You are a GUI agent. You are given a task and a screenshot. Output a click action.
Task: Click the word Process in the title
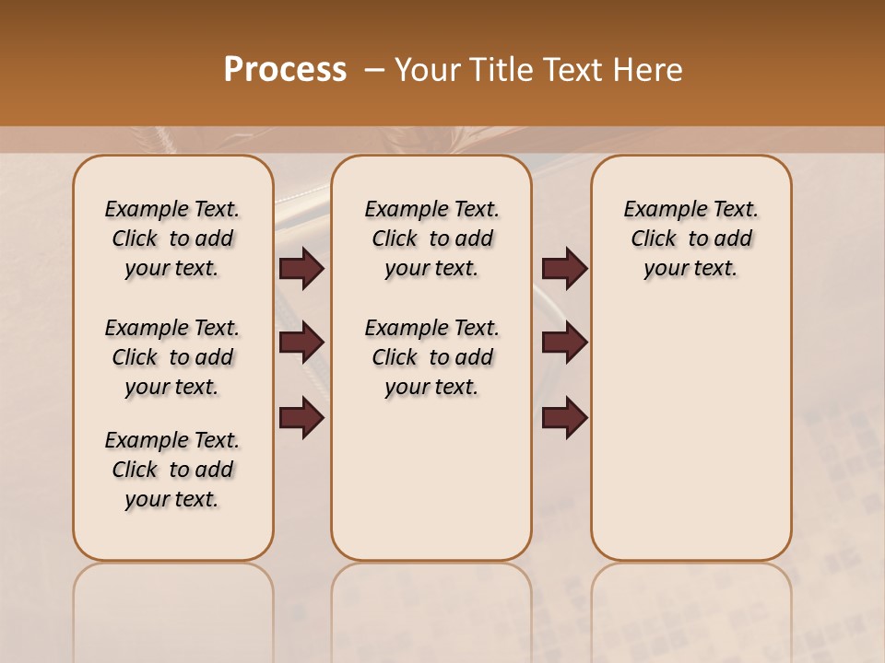[x=285, y=70]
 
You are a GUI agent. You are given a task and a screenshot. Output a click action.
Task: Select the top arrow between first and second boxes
[x=301, y=269]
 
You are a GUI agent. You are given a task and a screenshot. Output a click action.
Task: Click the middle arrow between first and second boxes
[x=301, y=343]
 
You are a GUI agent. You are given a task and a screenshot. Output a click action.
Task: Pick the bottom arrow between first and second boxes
[x=301, y=418]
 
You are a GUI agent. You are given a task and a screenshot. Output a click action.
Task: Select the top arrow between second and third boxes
[x=564, y=269]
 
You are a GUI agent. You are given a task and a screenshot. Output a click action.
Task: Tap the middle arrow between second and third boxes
[x=564, y=343]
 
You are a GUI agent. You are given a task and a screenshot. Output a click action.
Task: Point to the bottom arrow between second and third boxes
[x=564, y=418]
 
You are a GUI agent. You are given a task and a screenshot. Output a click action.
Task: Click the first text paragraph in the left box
[x=172, y=238]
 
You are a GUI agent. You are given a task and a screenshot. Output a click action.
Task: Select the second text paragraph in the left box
[x=172, y=357]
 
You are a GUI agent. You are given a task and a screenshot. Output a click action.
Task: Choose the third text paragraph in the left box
[x=172, y=470]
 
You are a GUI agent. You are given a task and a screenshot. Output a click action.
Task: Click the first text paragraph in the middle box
[x=431, y=238]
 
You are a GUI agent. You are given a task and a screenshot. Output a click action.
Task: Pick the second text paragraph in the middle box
[x=431, y=357]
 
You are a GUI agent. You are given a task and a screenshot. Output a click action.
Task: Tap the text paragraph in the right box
[x=690, y=238]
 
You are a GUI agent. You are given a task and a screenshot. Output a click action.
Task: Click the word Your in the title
[x=427, y=70]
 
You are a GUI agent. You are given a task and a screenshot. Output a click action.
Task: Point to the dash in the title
[x=374, y=70]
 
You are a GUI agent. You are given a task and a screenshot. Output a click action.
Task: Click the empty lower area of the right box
[x=690, y=442]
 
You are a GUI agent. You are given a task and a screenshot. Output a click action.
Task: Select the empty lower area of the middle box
[x=431, y=479]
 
